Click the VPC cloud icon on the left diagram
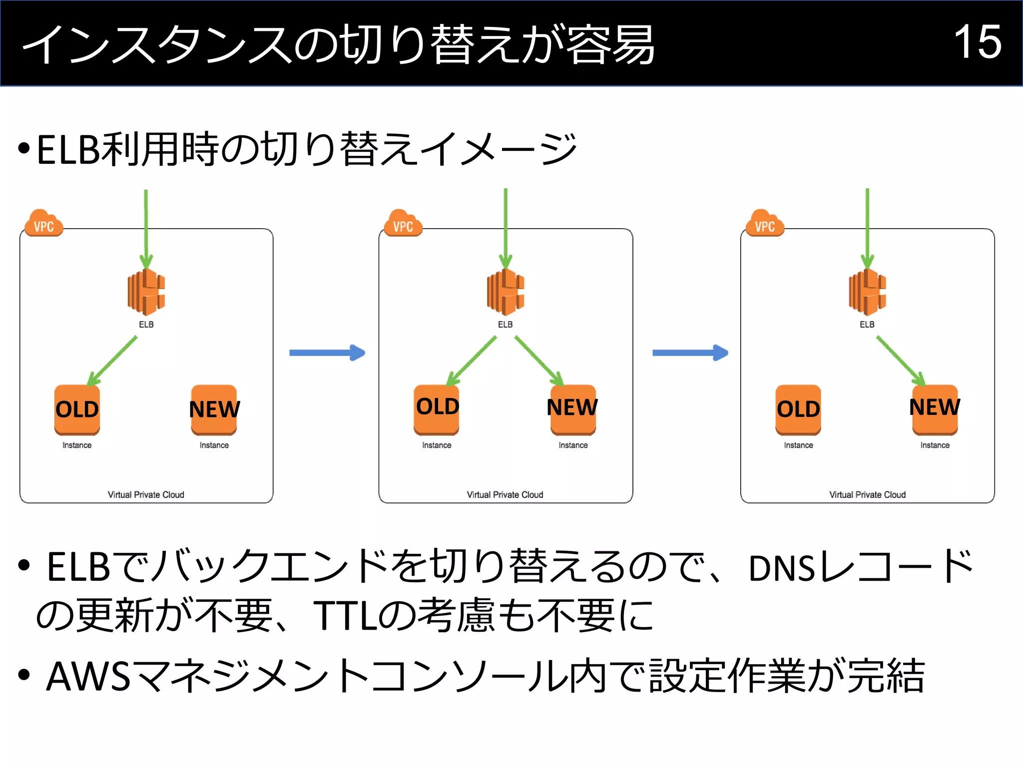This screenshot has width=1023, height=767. (x=44, y=224)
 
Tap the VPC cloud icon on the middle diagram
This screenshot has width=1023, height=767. (x=403, y=224)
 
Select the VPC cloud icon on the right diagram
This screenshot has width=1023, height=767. (x=765, y=224)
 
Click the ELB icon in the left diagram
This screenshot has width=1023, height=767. (x=146, y=292)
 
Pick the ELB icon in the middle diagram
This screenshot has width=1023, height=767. (x=505, y=292)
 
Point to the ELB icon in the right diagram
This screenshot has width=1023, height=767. (x=867, y=292)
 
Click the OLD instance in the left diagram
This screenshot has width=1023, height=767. (x=77, y=409)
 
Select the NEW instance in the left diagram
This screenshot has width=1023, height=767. (x=214, y=409)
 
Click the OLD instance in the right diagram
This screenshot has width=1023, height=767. (x=798, y=409)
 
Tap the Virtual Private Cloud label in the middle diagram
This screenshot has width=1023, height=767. (x=505, y=494)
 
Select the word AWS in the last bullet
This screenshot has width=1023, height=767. (x=88, y=676)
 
